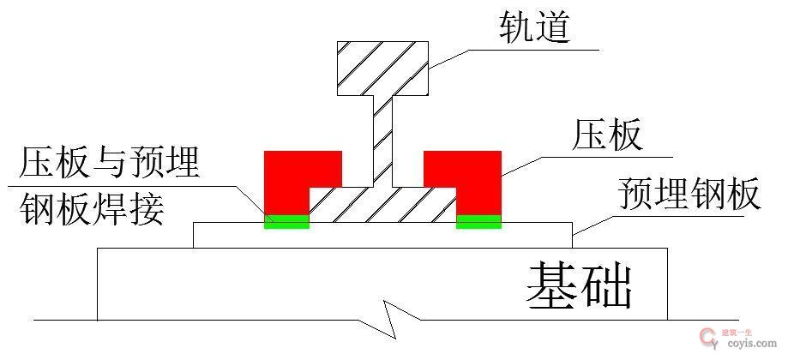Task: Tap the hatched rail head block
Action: point(382,68)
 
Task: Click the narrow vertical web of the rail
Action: point(382,137)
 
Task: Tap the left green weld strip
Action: point(286,222)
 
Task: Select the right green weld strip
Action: point(478,222)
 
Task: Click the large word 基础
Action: point(579,285)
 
